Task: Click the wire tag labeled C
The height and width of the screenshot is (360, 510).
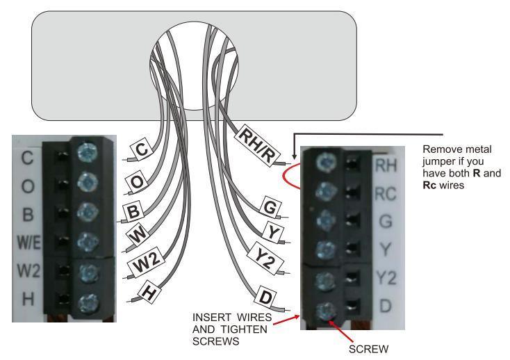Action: [140, 149]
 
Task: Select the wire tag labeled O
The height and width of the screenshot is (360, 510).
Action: [137, 181]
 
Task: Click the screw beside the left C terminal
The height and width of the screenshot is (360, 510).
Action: [87, 150]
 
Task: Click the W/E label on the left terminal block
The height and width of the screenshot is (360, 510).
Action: [24, 242]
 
